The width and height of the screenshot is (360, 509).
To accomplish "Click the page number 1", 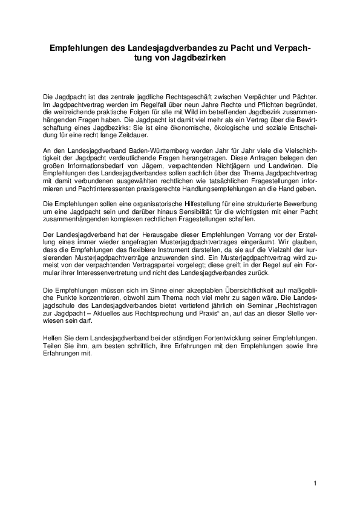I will click(x=315, y=484).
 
